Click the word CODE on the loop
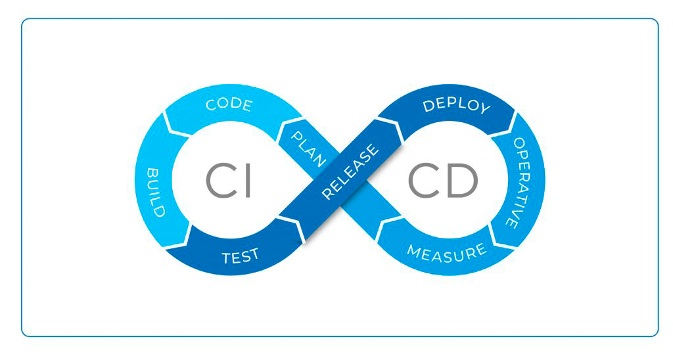pyautogui.click(x=229, y=105)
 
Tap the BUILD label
pyautogui.click(x=156, y=192)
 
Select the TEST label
pyautogui.click(x=240, y=256)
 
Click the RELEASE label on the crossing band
pyautogui.click(x=351, y=171)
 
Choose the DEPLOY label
pyautogui.click(x=457, y=106)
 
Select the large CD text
pyautogui.click(x=442, y=180)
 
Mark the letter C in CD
pyautogui.click(x=423, y=180)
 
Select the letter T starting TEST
pyautogui.click(x=225, y=258)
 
